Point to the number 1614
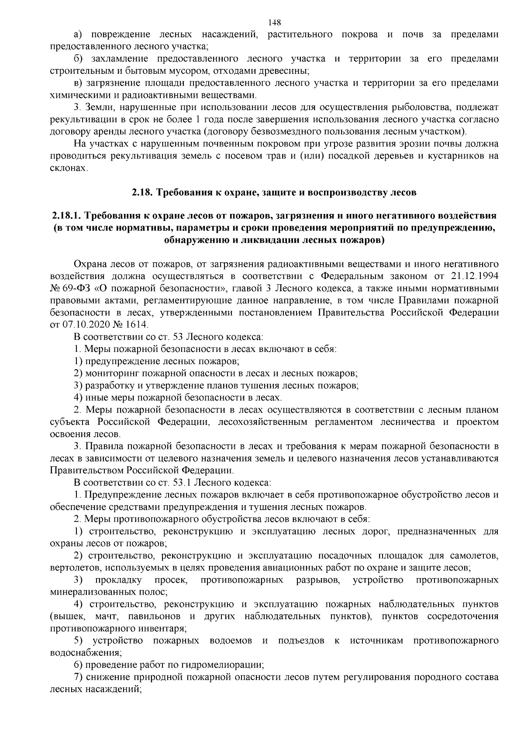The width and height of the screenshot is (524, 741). (x=138, y=325)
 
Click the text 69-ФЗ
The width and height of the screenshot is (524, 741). (x=78, y=289)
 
